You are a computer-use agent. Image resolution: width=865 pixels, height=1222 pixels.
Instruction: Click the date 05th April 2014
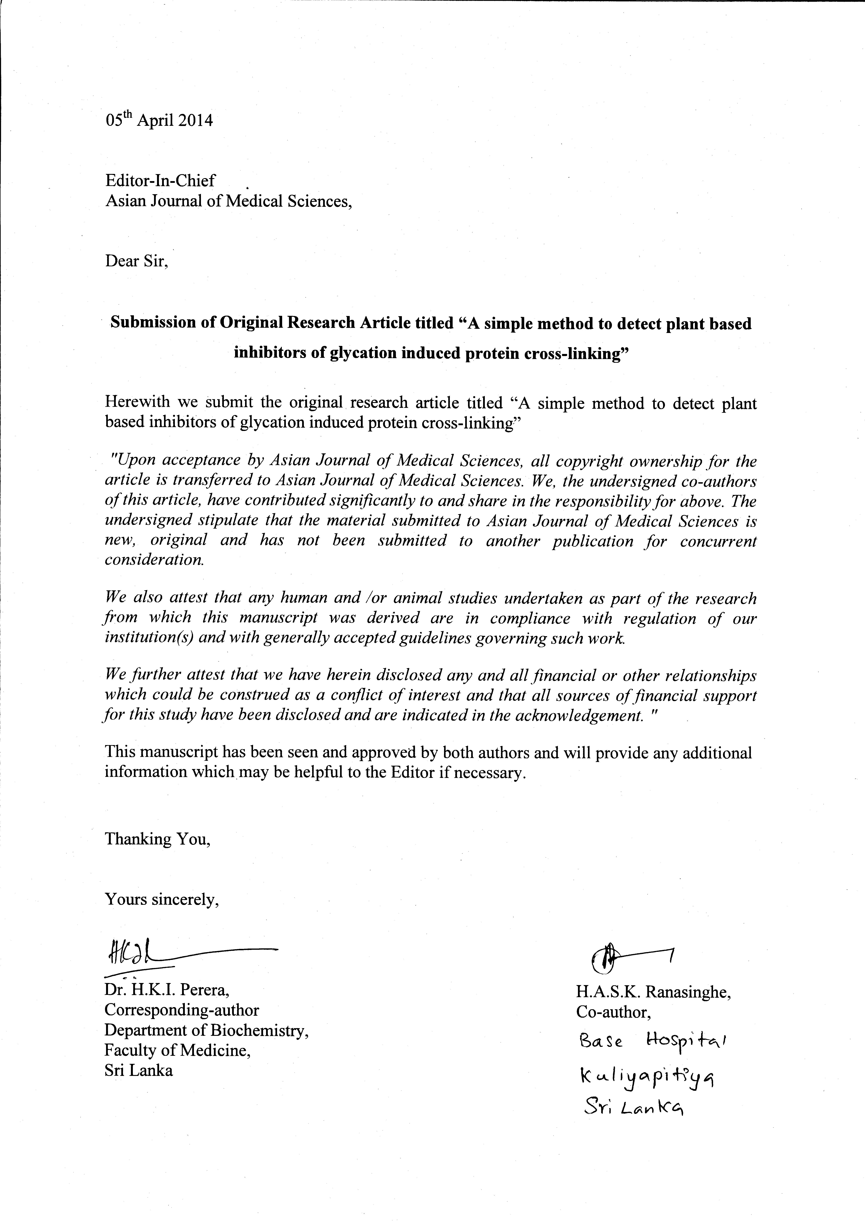coord(159,120)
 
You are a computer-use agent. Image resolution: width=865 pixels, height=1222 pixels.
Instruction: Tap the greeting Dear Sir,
coord(136,261)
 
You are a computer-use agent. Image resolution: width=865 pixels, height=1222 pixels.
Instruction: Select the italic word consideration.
coord(154,560)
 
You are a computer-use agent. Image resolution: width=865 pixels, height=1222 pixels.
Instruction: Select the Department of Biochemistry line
coord(207,1030)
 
